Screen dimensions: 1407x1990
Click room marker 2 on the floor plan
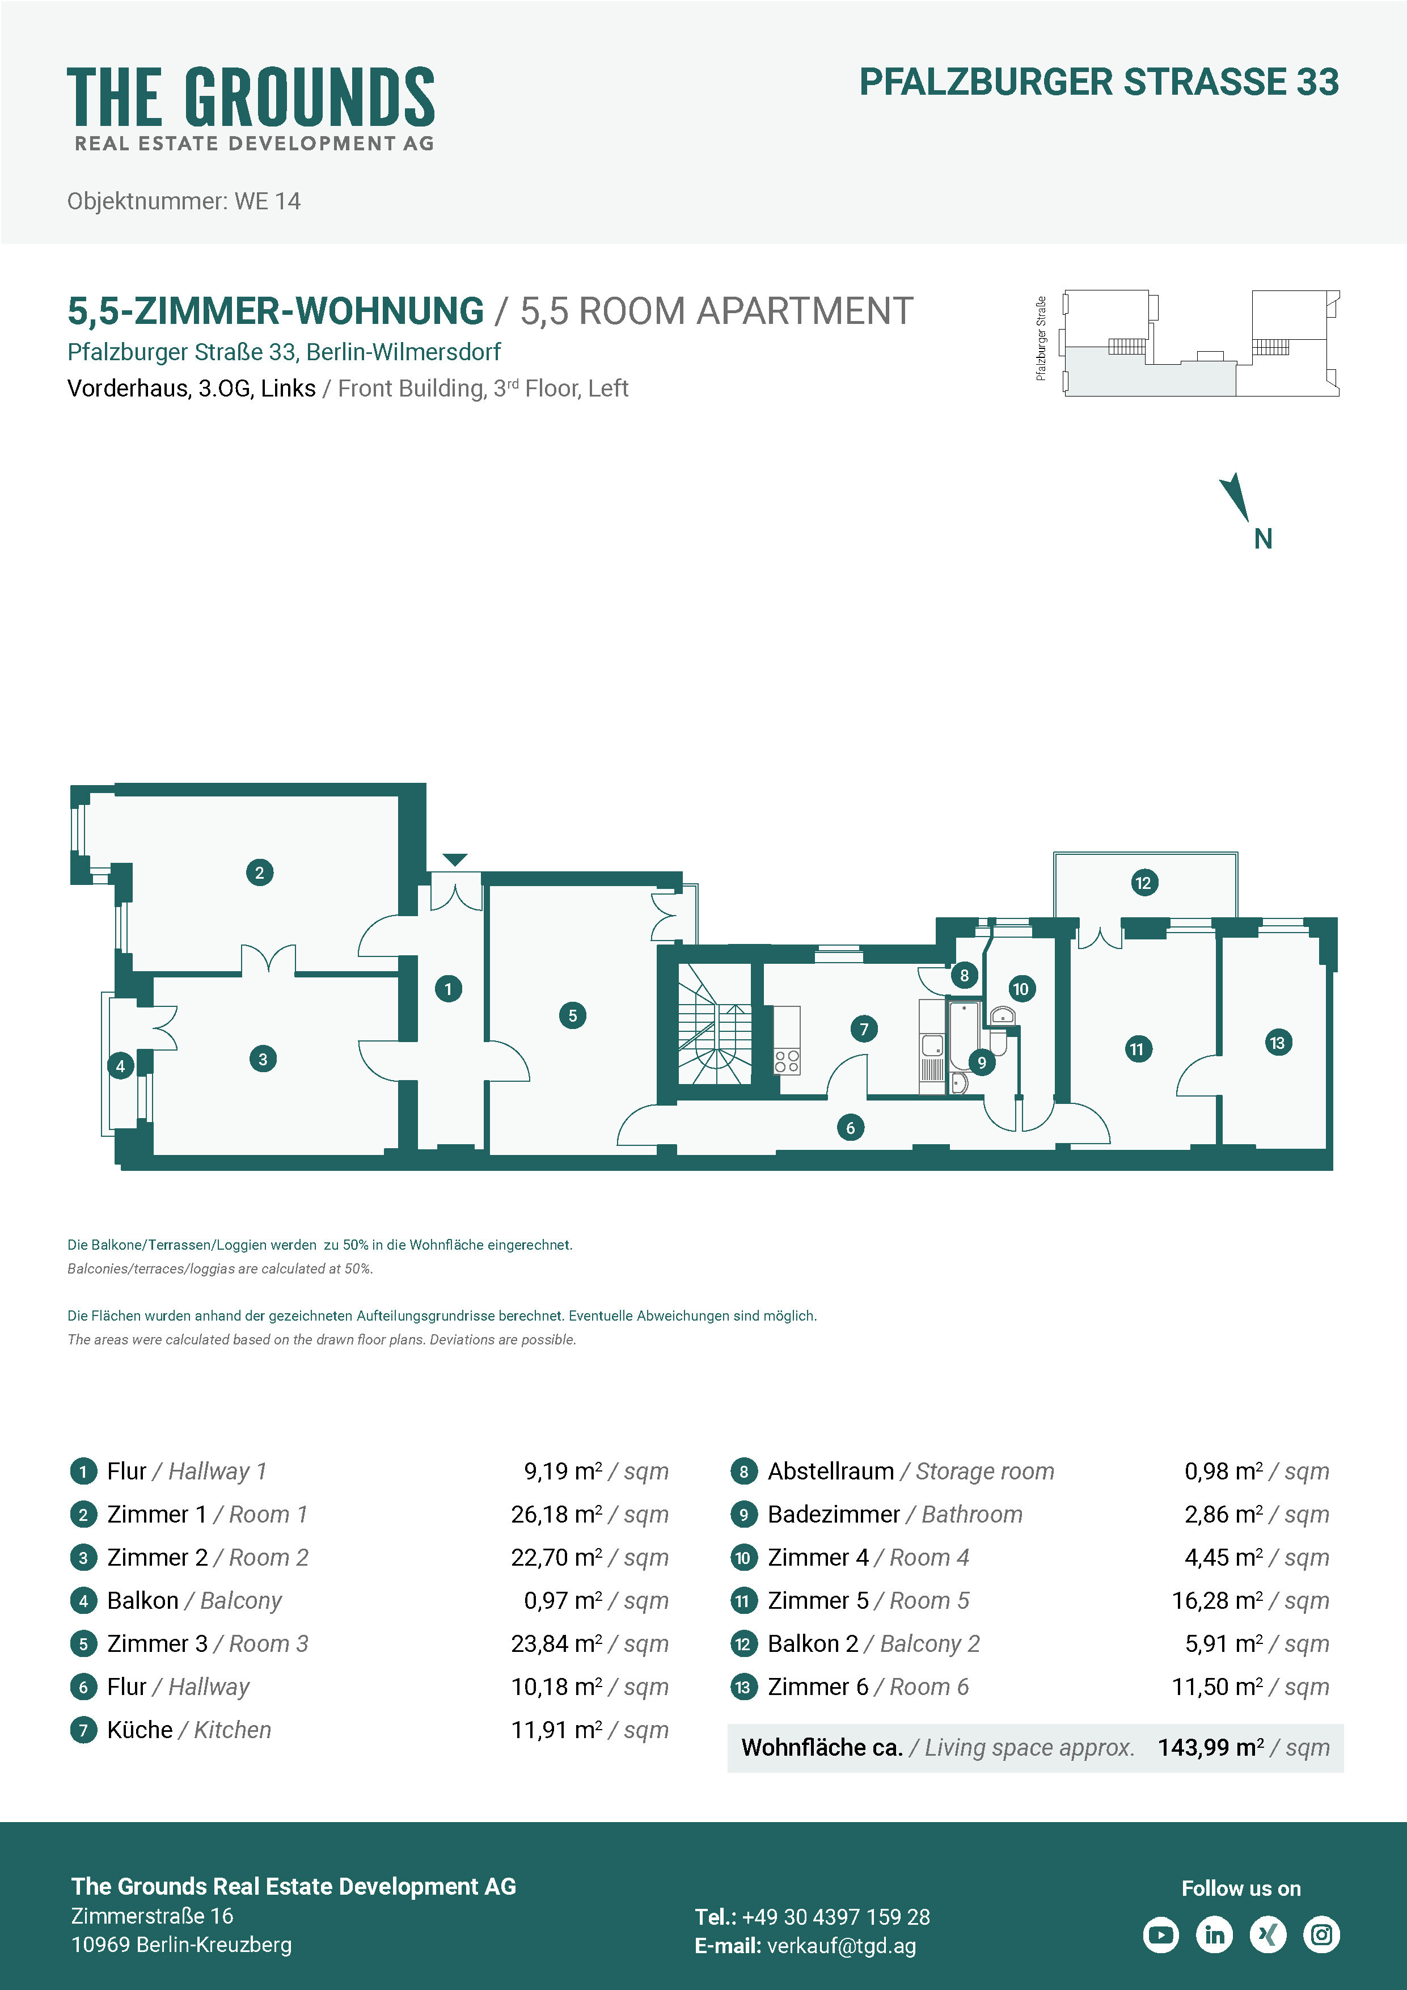(x=259, y=872)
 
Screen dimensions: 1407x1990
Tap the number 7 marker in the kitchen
(x=864, y=1029)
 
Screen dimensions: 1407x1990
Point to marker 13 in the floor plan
(x=1277, y=1042)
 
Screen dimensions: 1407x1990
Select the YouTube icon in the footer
(x=1161, y=1934)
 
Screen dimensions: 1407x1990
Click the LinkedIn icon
(x=1215, y=1934)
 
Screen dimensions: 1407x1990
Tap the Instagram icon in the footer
(x=1321, y=1934)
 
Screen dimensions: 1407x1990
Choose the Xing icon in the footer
(x=1269, y=1934)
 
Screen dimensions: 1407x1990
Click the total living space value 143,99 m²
(x=1210, y=1747)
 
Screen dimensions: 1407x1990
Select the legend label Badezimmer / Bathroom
(x=895, y=1514)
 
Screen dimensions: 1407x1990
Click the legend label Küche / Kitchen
(x=189, y=1730)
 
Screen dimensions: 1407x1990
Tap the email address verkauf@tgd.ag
(x=841, y=1946)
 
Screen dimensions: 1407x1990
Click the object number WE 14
(x=268, y=201)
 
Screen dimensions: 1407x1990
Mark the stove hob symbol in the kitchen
(x=787, y=1061)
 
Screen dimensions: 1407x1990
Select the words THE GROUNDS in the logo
(x=251, y=96)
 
